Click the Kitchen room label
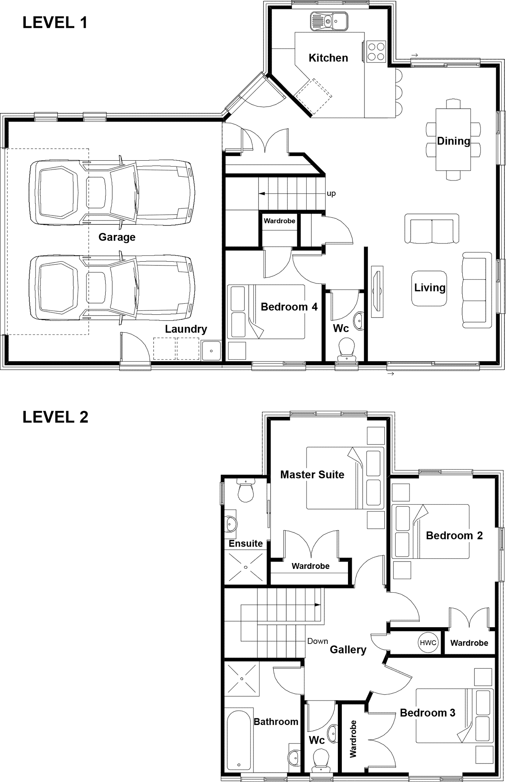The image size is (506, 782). coord(328,58)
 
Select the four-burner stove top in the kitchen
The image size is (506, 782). coord(376,51)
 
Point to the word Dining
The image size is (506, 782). coord(453,141)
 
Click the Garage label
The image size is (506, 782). coord(117,237)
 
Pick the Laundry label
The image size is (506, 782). coord(186,329)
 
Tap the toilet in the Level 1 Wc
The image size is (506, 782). coord(346,348)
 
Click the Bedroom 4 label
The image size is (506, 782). coord(289,307)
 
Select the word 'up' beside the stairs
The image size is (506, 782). coord(331,194)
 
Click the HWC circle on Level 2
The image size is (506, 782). coord(428,642)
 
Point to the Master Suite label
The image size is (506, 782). coord(312,475)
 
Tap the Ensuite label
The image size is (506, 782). coord(246,543)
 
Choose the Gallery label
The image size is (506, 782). coord(348,650)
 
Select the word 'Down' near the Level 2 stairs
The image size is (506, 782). coord(318,641)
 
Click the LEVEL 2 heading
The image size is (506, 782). coord(56,417)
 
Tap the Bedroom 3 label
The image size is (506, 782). coord(427,713)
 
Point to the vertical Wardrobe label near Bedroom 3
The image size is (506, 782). coord(353,739)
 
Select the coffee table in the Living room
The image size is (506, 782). coord(429,288)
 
